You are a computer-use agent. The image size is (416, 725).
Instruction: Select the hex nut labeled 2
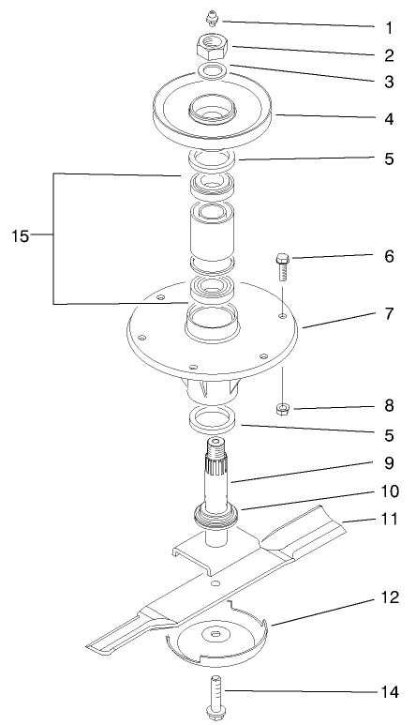[x=213, y=45]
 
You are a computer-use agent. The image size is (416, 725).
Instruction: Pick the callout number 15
[x=21, y=235]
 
